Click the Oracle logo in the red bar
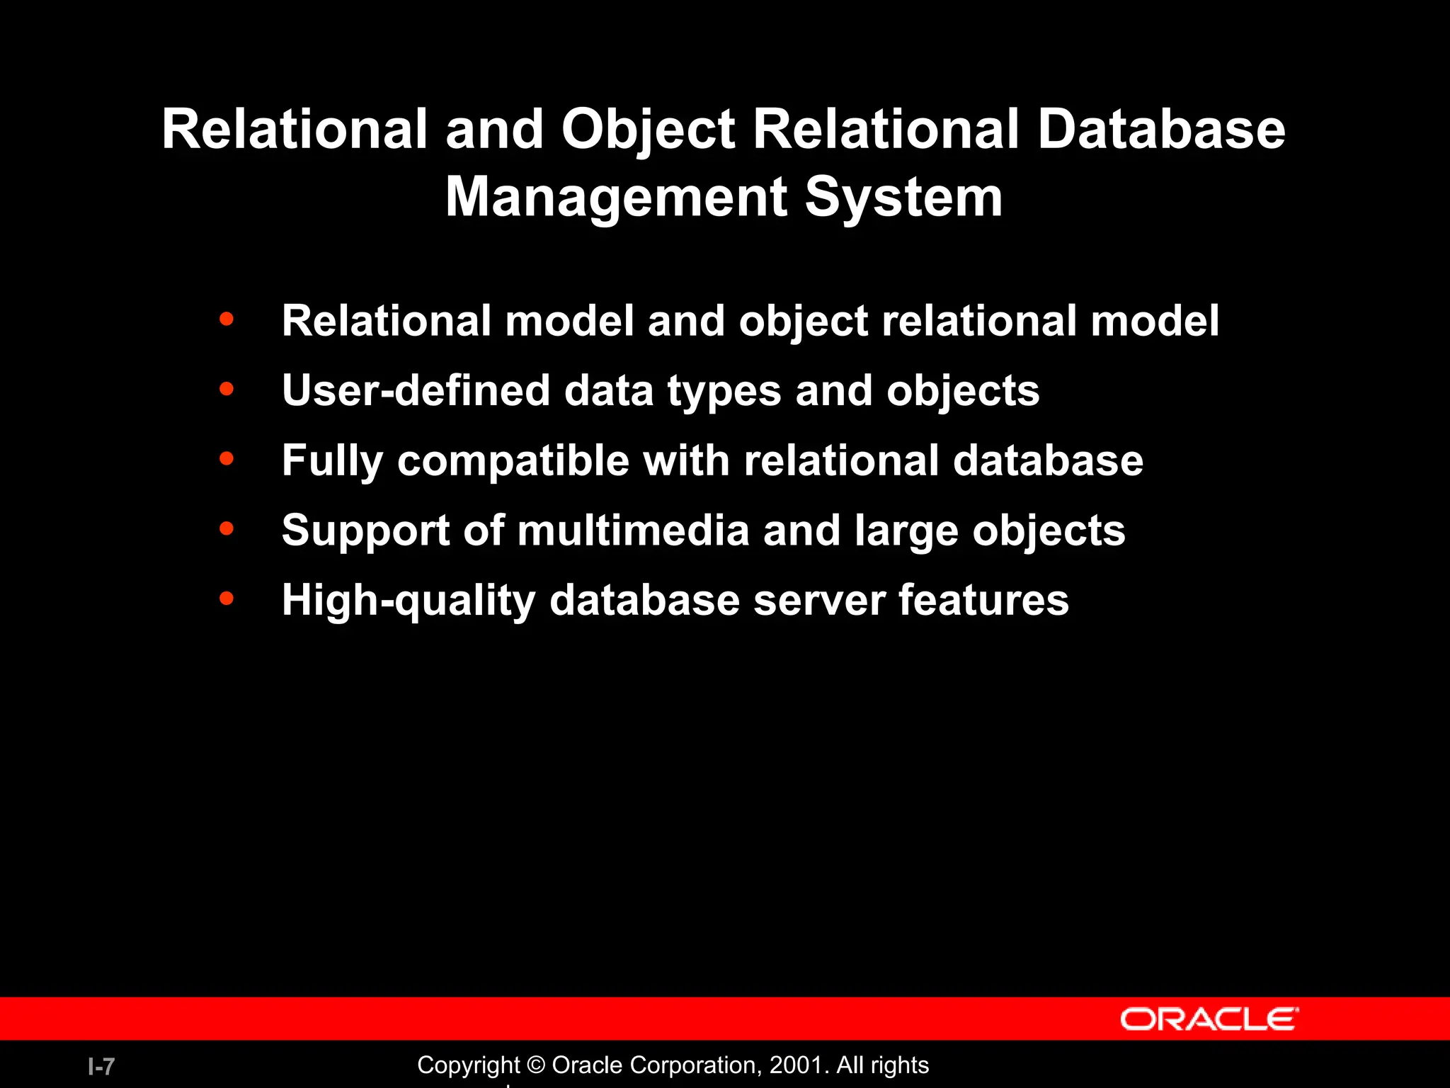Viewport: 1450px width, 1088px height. click(1209, 1019)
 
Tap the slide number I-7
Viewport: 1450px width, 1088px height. click(101, 1066)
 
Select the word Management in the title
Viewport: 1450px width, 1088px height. click(616, 197)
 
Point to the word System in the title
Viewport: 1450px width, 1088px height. click(903, 197)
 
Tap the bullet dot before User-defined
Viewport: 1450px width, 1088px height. click(227, 389)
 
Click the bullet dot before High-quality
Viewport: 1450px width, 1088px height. click(227, 599)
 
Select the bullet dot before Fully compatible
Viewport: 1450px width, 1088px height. click(227, 459)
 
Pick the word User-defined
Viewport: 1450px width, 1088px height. click(416, 390)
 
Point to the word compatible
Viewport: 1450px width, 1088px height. click(513, 460)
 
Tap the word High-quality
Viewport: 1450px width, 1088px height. click(408, 601)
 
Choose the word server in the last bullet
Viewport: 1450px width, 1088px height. click(818, 600)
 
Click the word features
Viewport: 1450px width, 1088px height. click(983, 600)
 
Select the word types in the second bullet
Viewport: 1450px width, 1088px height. click(724, 392)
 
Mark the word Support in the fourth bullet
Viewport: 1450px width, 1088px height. click(365, 531)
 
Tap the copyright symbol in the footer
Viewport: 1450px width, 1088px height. click(536, 1065)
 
